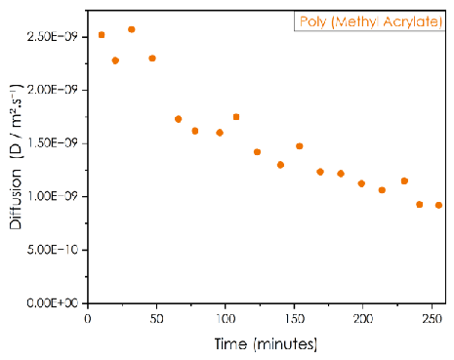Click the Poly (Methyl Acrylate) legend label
point(371,21)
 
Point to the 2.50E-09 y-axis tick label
point(53,37)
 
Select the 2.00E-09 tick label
point(53,90)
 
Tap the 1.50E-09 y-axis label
point(53,143)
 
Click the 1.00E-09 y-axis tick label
point(53,196)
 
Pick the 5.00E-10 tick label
point(53,250)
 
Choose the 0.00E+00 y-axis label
point(53,303)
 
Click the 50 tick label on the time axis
point(156,319)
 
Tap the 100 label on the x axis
point(226,319)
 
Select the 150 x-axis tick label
point(295,319)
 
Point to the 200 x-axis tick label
point(363,319)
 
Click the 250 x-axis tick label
point(433,319)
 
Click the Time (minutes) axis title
point(266,344)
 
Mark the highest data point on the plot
point(132,29)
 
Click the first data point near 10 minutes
point(102,35)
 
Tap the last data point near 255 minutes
point(438,205)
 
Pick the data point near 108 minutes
point(236,117)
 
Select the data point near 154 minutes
point(300,146)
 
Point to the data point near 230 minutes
point(404,180)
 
